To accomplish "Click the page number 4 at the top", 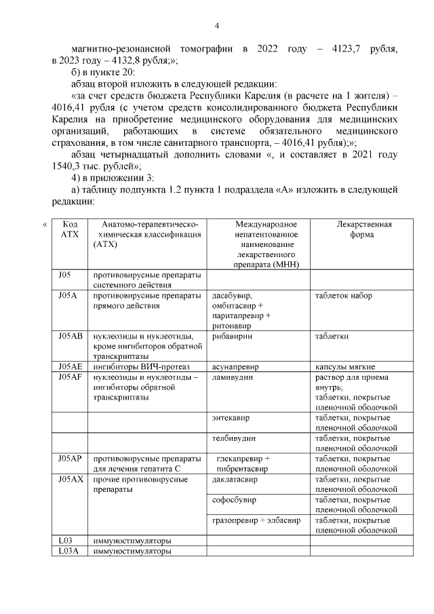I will tap(216, 26).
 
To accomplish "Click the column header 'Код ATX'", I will tap(70, 229).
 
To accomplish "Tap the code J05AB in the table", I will tap(71, 336).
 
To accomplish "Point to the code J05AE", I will tap(70, 367).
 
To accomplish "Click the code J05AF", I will tap(70, 377).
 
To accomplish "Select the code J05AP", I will tap(70, 459).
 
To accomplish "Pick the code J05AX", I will tap(71, 479).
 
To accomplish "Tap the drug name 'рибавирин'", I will tap(232, 336).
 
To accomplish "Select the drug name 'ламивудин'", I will tap(233, 377).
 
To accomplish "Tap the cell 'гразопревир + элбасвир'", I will tap(256, 520).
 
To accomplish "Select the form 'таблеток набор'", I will tap(344, 295).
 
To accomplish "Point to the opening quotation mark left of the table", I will tap(45, 224).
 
